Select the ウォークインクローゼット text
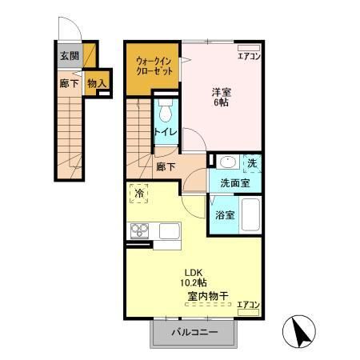tap(152, 65)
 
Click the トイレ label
tap(165, 131)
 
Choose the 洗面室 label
tap(235, 182)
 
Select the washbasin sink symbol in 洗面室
tap(225, 161)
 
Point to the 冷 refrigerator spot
tap(139, 193)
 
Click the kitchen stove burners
tap(139, 232)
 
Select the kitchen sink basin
tap(169, 231)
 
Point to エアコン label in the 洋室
tap(249, 55)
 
